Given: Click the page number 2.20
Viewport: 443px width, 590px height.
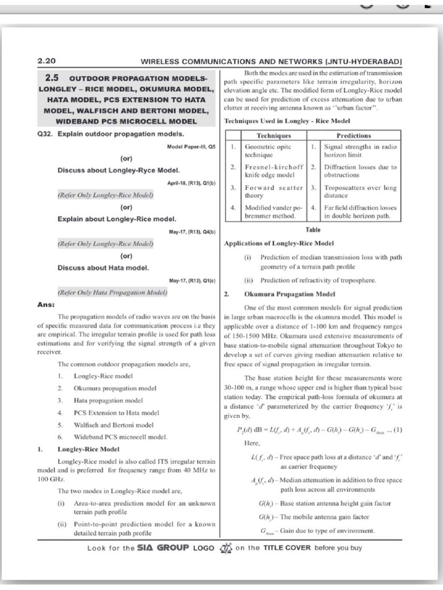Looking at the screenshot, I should point(47,60).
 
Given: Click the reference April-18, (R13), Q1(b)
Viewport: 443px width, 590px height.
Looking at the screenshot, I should point(191,183).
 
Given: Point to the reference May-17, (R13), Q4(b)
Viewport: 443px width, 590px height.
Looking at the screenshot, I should point(192,232).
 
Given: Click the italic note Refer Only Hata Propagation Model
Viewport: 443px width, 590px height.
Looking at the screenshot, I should point(112,293).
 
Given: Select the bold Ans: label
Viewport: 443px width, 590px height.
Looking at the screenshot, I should point(46,304).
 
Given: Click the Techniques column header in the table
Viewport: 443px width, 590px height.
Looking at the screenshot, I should point(273,135).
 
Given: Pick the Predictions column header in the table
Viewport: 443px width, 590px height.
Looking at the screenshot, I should point(354,135).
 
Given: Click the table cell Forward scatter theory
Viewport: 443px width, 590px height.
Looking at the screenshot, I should point(273,191).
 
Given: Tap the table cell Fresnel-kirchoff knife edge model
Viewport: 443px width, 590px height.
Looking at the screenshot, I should point(273,171).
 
